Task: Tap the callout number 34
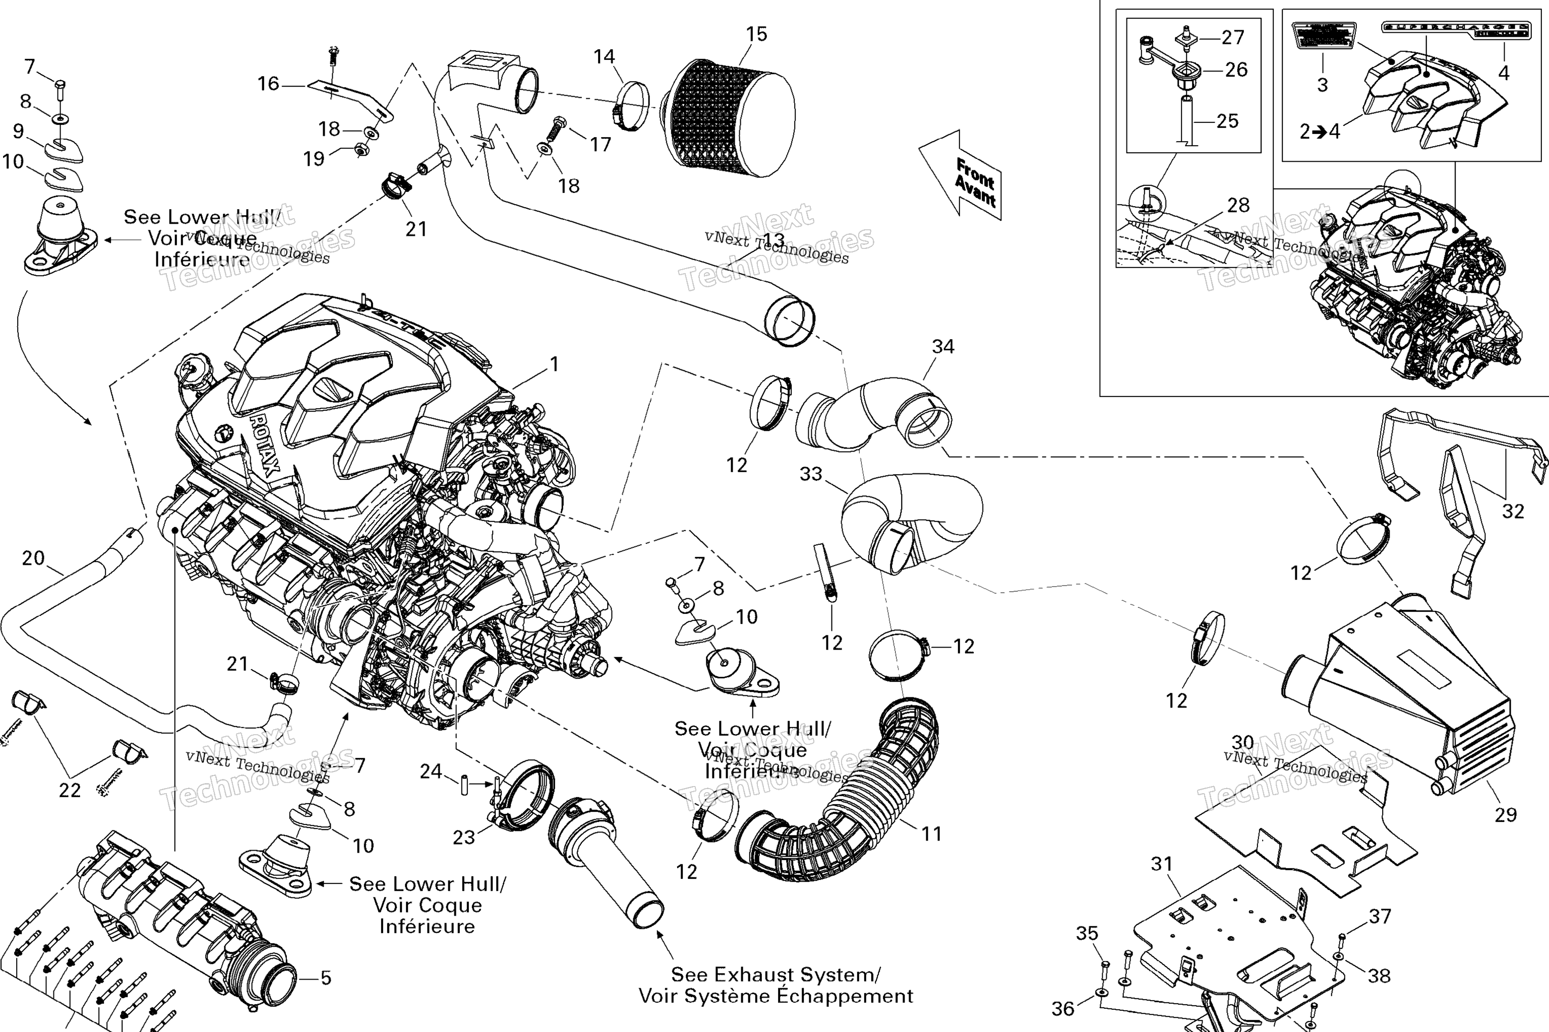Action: tap(943, 347)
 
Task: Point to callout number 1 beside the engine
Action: tap(555, 364)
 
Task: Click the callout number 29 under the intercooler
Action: tap(1506, 815)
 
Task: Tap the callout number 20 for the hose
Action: tap(33, 558)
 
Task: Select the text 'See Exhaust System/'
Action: tap(775, 974)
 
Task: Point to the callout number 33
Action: tap(811, 474)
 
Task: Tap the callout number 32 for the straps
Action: tap(1513, 511)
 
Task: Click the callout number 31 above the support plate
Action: tap(1162, 864)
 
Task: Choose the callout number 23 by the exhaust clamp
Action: tap(464, 837)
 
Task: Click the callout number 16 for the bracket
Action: tap(268, 84)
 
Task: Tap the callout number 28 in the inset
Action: tap(1238, 206)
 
